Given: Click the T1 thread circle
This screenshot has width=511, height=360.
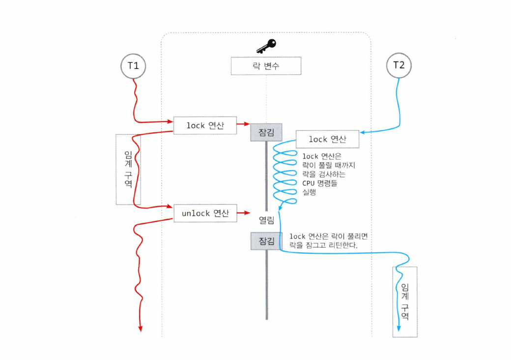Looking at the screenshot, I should click(134, 66).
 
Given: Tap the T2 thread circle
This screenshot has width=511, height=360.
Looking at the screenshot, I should click(399, 66).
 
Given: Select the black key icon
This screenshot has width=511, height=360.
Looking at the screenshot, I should click(266, 46).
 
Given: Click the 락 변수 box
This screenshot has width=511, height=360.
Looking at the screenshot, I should click(266, 66).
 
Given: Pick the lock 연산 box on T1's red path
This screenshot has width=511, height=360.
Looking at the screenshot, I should click(205, 125).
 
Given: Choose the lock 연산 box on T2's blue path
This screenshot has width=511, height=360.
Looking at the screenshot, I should click(327, 139).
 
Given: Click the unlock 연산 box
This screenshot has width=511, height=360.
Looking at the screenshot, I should click(205, 213).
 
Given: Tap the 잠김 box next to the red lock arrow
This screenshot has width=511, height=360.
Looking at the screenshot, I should click(266, 132).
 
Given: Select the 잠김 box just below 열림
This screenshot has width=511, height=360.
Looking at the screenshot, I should click(266, 240).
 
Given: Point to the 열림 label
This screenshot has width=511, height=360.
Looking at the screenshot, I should click(266, 221).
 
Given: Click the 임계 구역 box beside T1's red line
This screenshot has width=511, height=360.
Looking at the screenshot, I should click(128, 169).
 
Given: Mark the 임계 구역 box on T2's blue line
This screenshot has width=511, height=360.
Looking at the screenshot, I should click(405, 301).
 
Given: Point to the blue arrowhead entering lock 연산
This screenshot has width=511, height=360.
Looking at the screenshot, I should click(363, 132).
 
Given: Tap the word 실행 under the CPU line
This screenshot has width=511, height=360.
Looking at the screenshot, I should click(309, 192).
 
